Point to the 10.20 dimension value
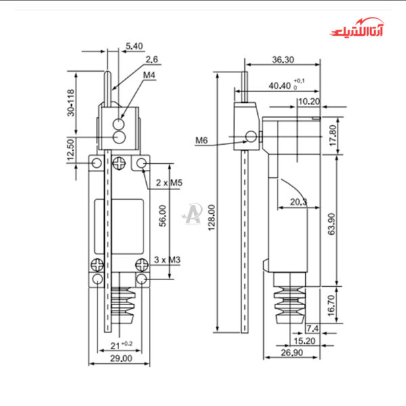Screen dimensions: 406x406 pos(310,101)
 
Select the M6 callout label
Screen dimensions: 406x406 pos(202,140)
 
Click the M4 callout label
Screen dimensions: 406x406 pos(150,75)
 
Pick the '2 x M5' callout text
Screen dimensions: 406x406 pos(169,183)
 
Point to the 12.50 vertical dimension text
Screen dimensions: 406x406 pos(70,152)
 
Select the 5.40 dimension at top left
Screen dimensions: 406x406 pos(134,46)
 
